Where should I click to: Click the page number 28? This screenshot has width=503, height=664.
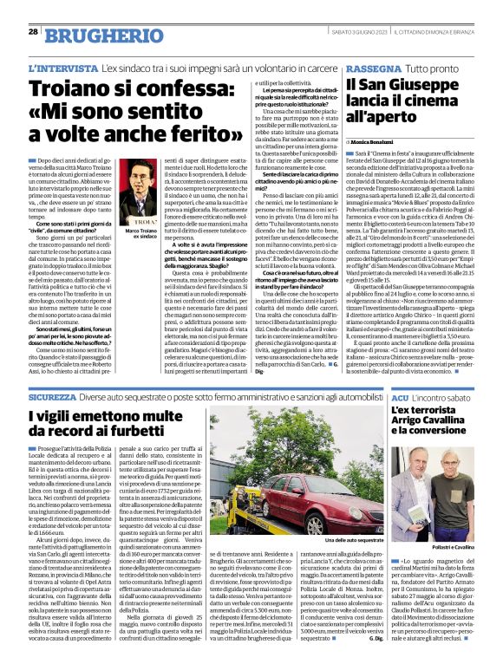(32, 31)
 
